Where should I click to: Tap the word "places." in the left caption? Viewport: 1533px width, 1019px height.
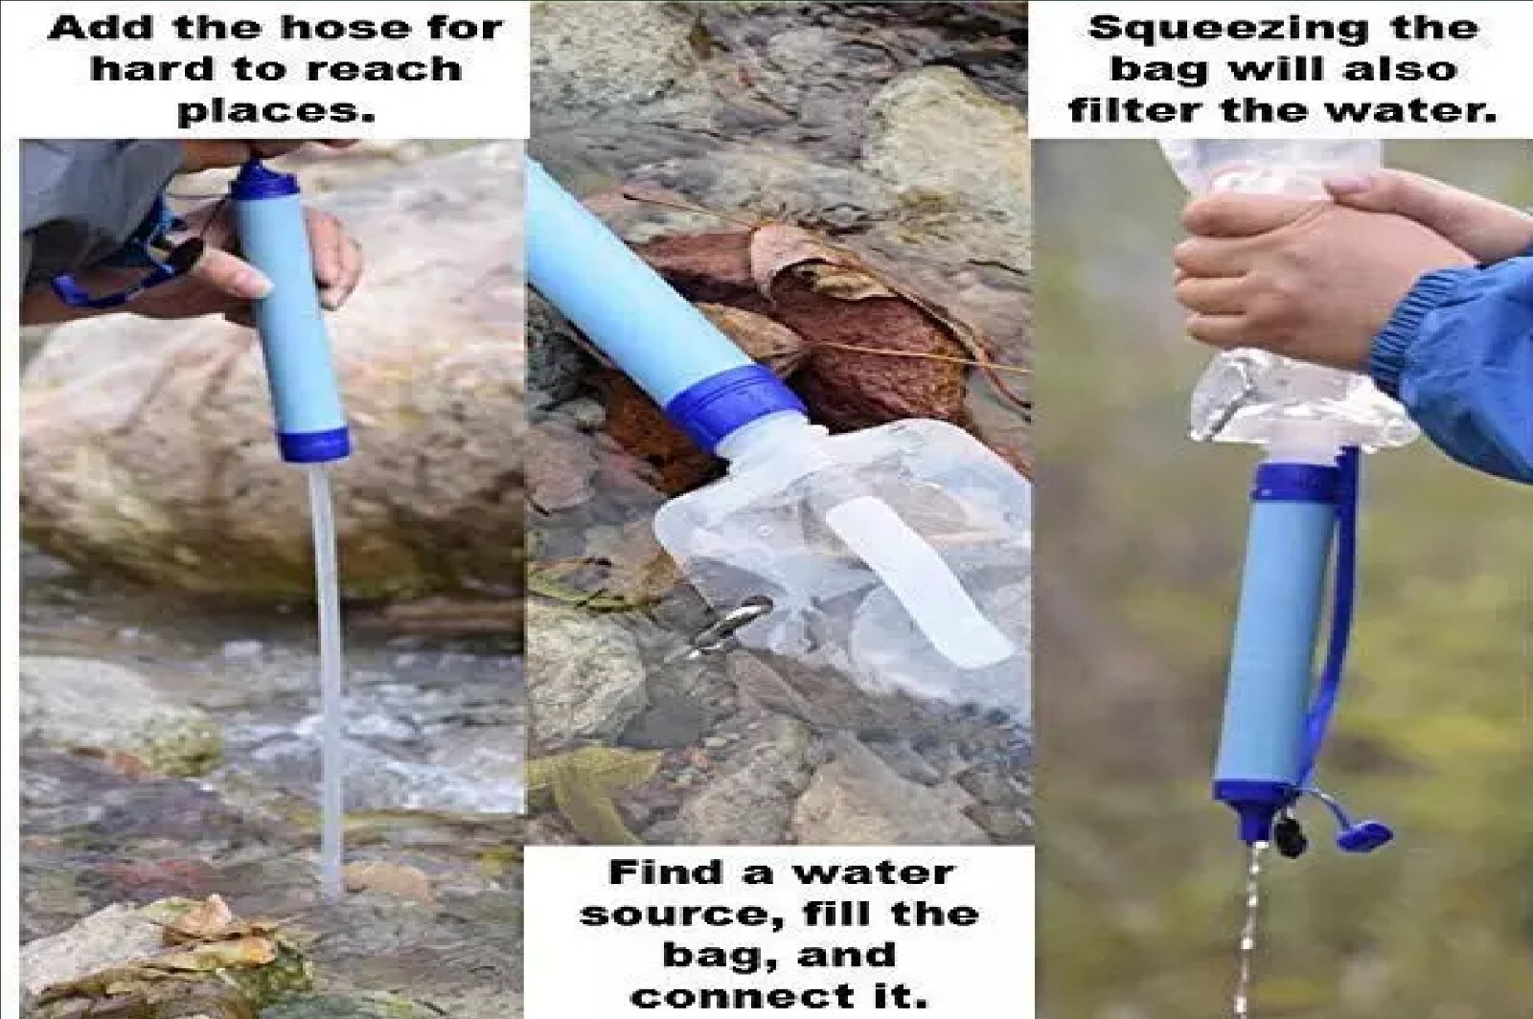(276, 110)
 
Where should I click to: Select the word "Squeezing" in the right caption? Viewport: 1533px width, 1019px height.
(1203, 28)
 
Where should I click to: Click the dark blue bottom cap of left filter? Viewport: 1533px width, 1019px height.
(307, 443)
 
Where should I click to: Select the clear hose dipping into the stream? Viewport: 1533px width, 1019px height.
(326, 670)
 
